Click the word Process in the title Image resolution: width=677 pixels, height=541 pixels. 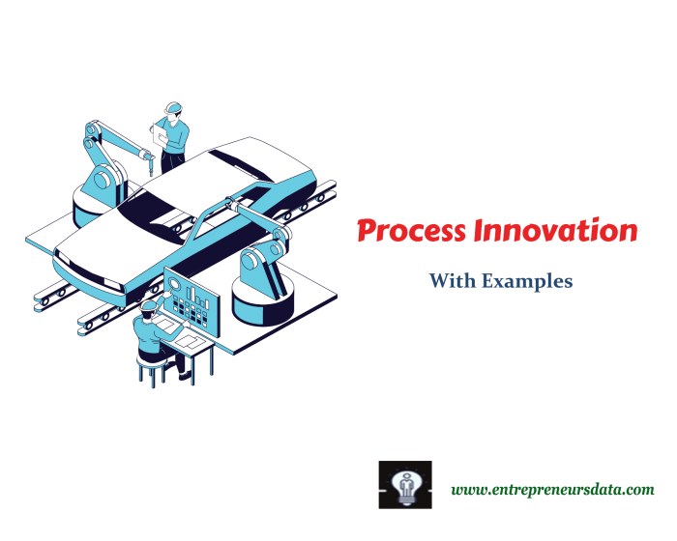(410, 232)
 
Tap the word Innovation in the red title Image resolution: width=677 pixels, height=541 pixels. (555, 232)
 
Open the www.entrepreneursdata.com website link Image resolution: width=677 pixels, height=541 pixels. (551, 490)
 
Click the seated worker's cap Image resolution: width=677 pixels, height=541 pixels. (148, 305)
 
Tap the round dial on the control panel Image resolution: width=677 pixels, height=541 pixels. (174, 284)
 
